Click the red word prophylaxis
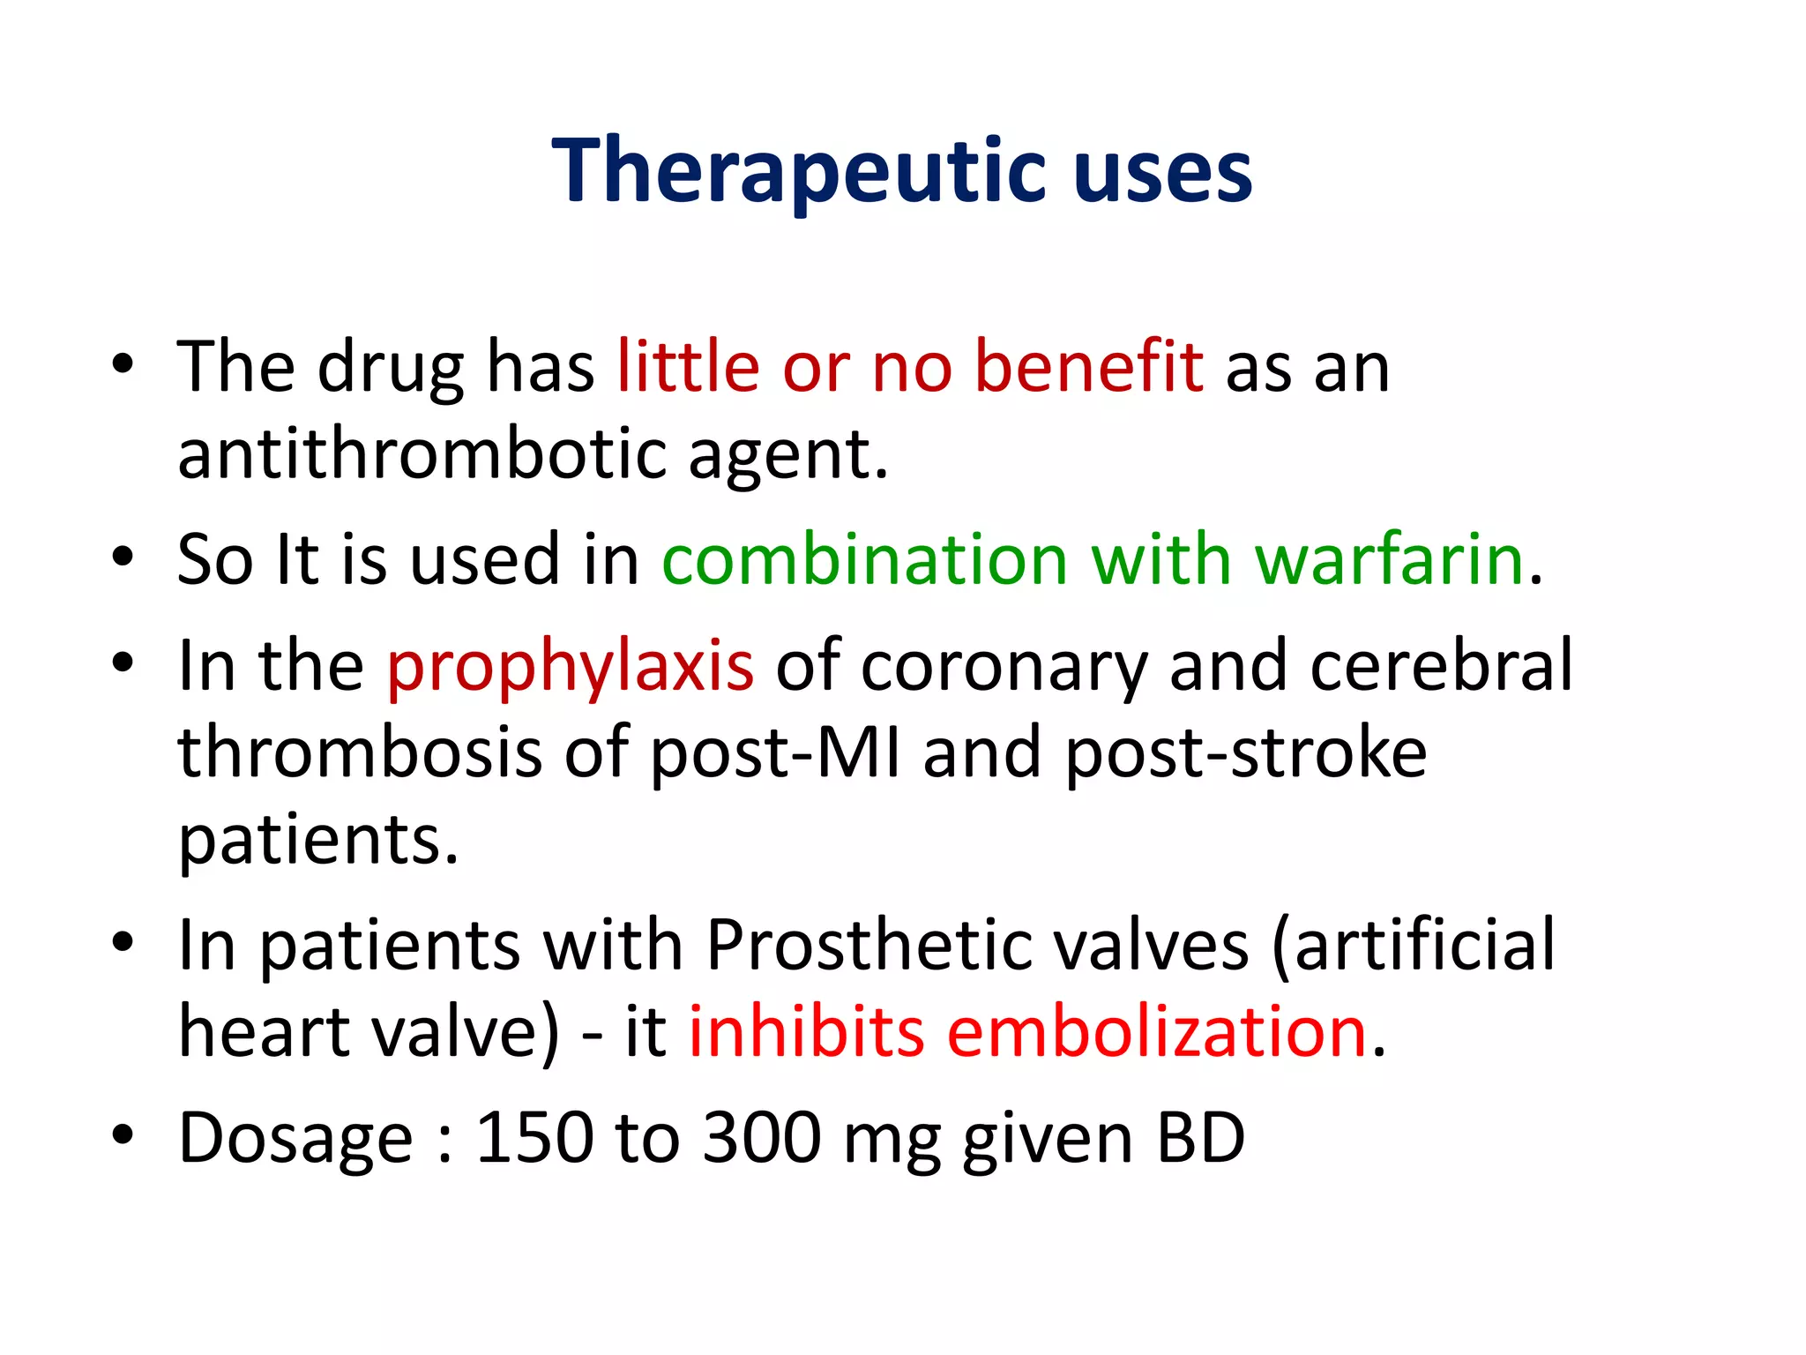(571, 665)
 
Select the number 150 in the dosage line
(534, 1137)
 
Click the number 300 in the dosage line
(762, 1137)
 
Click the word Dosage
(295, 1137)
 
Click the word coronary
(1004, 665)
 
